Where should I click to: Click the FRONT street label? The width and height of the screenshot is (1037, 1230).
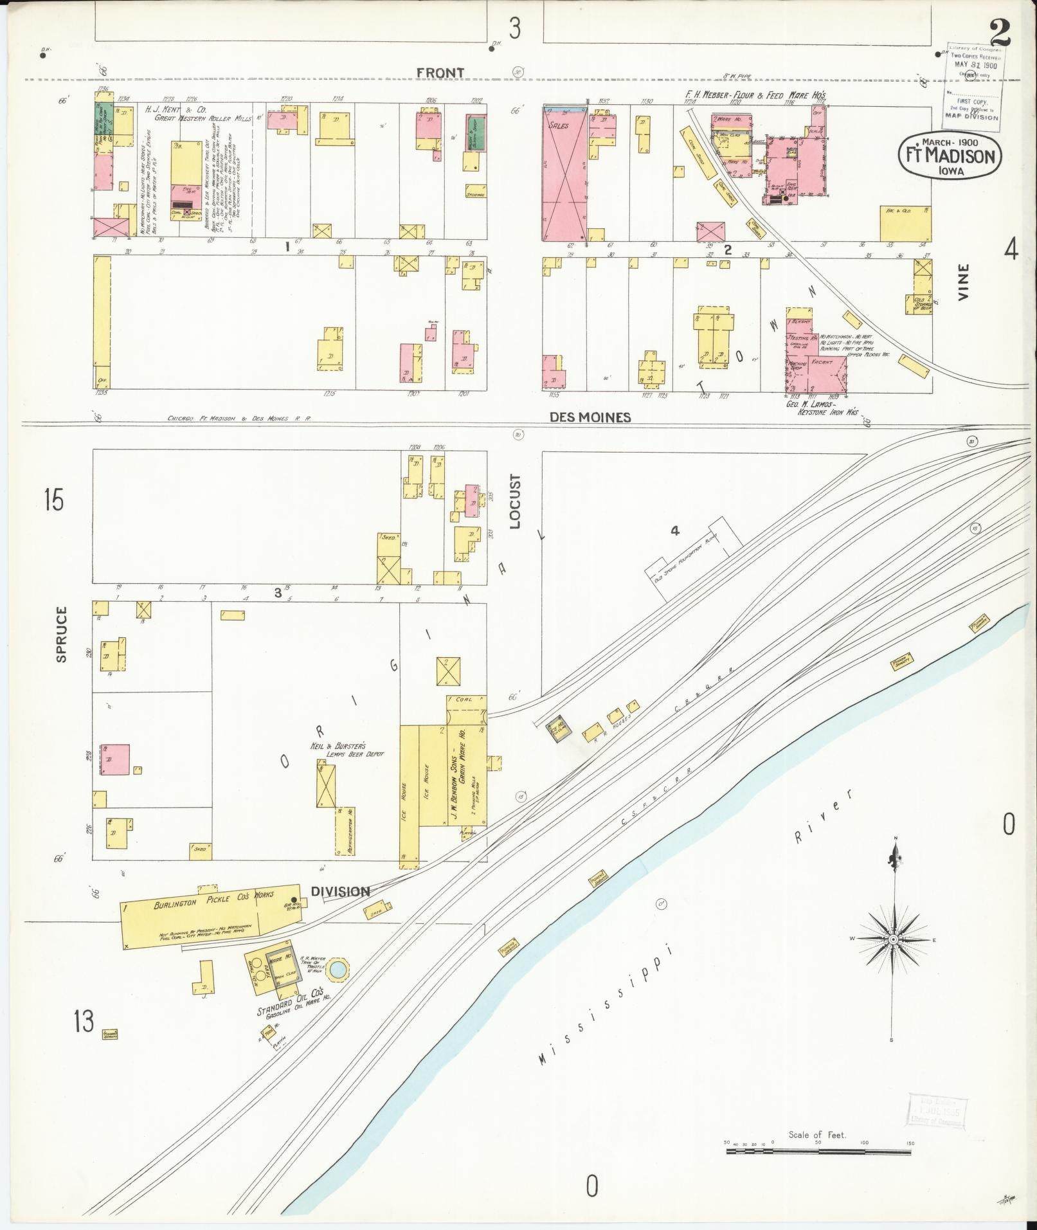pos(440,73)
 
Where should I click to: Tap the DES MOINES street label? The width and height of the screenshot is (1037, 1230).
pos(590,417)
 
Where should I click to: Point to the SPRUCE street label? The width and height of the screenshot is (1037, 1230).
pos(61,634)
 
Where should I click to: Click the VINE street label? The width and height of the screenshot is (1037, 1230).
pos(963,282)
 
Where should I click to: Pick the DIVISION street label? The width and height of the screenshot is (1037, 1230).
pos(341,891)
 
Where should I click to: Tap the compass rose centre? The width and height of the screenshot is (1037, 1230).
pos(892,940)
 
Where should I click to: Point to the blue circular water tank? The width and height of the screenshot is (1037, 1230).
pos(337,969)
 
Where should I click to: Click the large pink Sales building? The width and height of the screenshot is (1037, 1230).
pos(564,174)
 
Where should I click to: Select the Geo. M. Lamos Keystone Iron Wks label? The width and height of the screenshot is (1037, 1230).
pos(824,408)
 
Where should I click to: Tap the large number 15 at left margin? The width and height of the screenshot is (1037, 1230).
pos(54,500)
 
